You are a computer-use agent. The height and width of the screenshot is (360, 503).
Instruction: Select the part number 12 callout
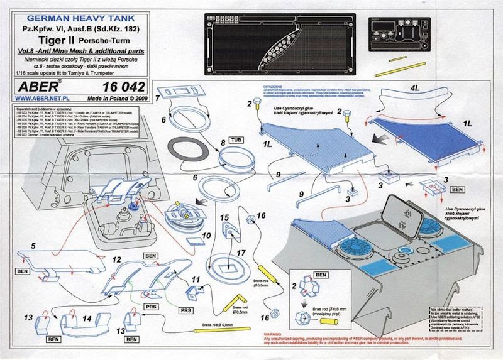pos(116,259)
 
